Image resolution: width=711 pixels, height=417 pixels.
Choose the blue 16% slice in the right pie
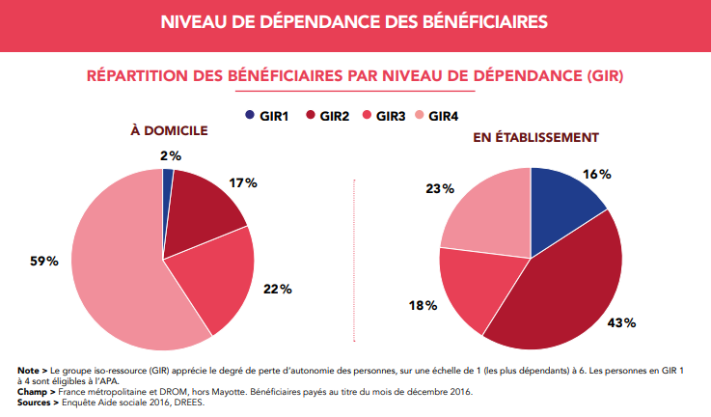click(x=564, y=198)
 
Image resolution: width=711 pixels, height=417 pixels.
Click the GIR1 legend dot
click(x=251, y=116)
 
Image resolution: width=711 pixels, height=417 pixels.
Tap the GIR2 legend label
click(x=337, y=116)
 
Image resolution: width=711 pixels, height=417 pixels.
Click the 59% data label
click(x=43, y=262)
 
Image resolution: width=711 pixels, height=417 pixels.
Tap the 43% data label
click(x=622, y=322)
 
